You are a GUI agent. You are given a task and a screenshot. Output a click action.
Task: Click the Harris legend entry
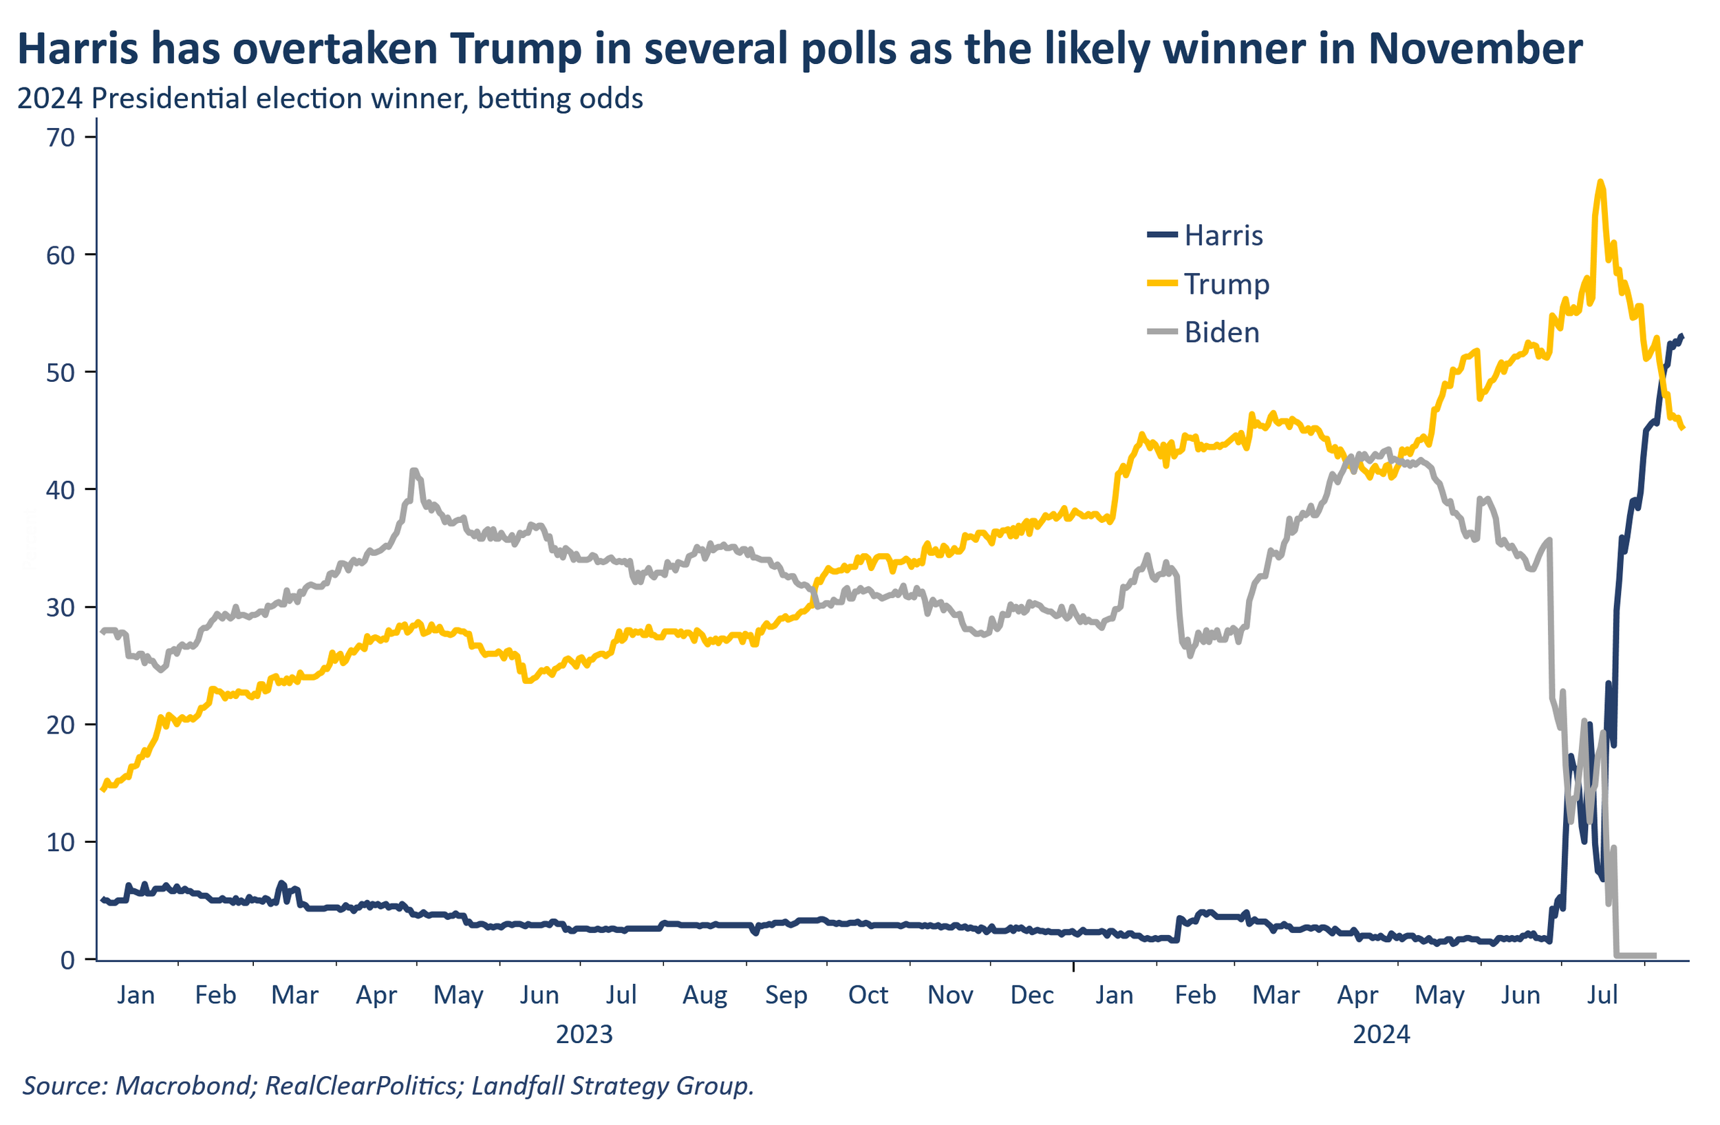click(1205, 235)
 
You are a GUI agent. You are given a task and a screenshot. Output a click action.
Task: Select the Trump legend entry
click(1207, 284)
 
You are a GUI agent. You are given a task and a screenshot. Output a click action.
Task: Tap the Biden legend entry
click(1203, 332)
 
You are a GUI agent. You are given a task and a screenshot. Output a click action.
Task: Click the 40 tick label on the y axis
click(61, 490)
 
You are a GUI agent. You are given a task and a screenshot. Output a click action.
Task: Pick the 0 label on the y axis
click(68, 960)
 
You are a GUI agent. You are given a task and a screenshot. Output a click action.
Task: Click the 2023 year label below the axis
click(584, 1034)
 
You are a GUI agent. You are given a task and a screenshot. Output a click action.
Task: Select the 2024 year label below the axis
click(1381, 1034)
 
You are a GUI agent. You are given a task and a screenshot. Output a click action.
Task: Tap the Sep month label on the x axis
click(786, 995)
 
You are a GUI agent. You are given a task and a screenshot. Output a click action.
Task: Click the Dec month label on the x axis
click(1032, 995)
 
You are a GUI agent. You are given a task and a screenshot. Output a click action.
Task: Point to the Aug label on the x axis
click(705, 995)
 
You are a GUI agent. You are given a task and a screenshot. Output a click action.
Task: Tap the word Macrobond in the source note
click(184, 1085)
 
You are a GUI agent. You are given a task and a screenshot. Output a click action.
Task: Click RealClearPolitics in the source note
click(364, 1085)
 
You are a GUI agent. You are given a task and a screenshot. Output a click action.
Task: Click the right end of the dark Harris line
click(1682, 336)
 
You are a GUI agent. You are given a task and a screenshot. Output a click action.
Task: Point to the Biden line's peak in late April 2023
click(413, 471)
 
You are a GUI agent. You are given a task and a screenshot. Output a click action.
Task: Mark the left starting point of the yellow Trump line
click(102, 790)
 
